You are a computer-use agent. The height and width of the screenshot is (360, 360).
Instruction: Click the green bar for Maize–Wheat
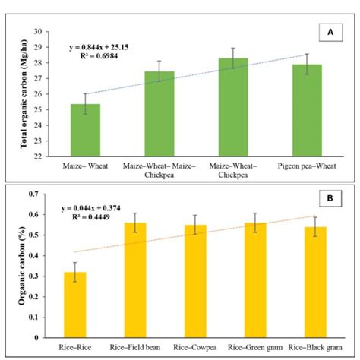coord(85,131)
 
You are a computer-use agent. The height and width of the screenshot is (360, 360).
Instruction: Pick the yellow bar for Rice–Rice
coord(74,305)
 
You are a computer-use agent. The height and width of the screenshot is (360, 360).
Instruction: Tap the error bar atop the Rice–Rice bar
coord(74,272)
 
